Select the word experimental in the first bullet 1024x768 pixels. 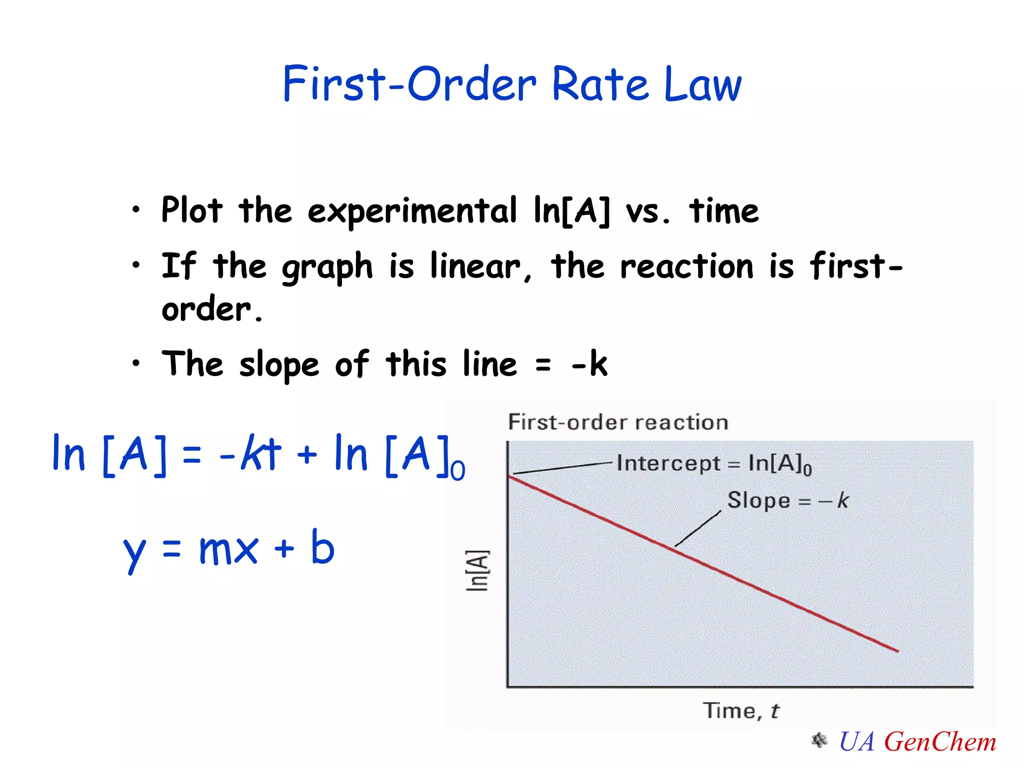[x=411, y=211]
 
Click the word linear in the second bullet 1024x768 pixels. [x=475, y=266]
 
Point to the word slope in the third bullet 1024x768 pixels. [x=278, y=365]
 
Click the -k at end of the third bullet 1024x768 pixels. [x=590, y=363]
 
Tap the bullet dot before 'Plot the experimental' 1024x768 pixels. [x=136, y=210]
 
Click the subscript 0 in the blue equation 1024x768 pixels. [x=457, y=471]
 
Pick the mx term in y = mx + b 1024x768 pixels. [x=228, y=549]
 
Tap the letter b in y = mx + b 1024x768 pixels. [x=322, y=547]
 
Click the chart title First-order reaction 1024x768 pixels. [x=618, y=422]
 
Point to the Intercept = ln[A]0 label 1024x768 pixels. [x=713, y=463]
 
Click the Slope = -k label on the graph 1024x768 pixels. [x=787, y=500]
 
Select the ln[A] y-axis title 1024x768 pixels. [x=477, y=570]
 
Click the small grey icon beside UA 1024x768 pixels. [x=819, y=740]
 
